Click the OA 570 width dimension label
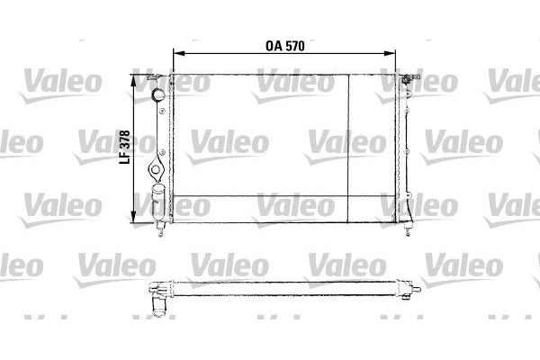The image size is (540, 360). point(285,46)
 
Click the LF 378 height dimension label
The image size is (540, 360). point(124,147)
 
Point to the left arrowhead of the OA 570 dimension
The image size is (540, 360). point(179,53)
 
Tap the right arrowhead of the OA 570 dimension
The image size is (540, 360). point(390,53)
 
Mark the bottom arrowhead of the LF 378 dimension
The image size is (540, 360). point(133,216)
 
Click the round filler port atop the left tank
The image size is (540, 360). point(157,94)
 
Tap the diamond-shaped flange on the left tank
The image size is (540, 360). point(156,169)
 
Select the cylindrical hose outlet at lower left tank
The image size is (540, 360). point(158,202)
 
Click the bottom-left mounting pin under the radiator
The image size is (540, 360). point(160,229)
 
